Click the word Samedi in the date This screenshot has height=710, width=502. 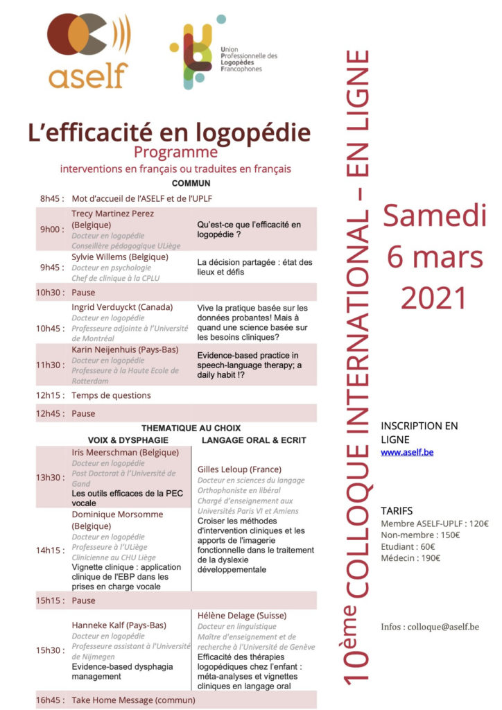pos(434,216)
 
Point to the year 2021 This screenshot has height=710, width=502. pos(434,298)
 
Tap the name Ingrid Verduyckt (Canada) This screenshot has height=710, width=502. pos(122,307)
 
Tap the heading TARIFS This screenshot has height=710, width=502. pos(397,511)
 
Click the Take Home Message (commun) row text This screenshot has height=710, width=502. pos(136,700)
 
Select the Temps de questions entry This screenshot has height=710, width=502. pos(111,396)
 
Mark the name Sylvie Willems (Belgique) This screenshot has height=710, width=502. pos(120,257)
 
